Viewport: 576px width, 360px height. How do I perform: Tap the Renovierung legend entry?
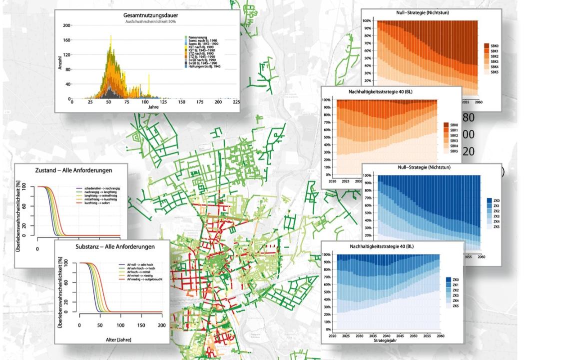198,37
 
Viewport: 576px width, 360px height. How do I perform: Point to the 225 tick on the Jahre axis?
236,102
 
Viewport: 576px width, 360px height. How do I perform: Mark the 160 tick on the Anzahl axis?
67,39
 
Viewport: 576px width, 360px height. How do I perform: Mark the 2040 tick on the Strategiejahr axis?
386,335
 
